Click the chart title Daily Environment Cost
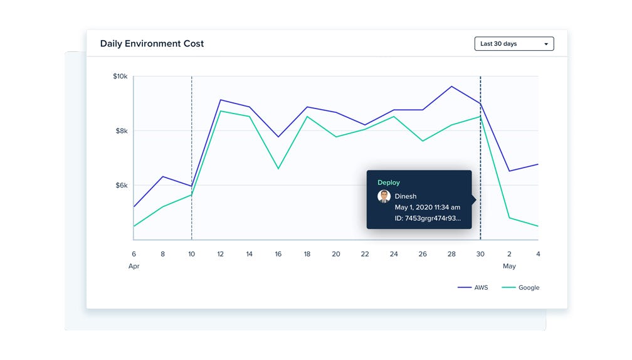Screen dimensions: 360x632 pos(152,44)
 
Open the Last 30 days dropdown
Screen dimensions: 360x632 pos(513,44)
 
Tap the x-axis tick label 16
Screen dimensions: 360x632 pos(278,254)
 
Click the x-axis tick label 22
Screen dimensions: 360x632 pos(365,254)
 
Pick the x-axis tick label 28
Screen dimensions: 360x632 pos(451,254)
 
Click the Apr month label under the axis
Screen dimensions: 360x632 pos(134,266)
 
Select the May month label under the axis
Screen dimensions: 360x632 pos(509,266)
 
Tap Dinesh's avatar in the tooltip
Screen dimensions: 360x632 pos(384,196)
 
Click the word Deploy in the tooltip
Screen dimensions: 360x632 pos(388,183)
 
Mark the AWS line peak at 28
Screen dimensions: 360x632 pos(451,87)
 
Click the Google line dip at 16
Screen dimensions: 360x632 pos(278,168)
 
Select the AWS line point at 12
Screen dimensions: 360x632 pos(220,100)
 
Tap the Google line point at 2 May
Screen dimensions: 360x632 pos(509,218)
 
